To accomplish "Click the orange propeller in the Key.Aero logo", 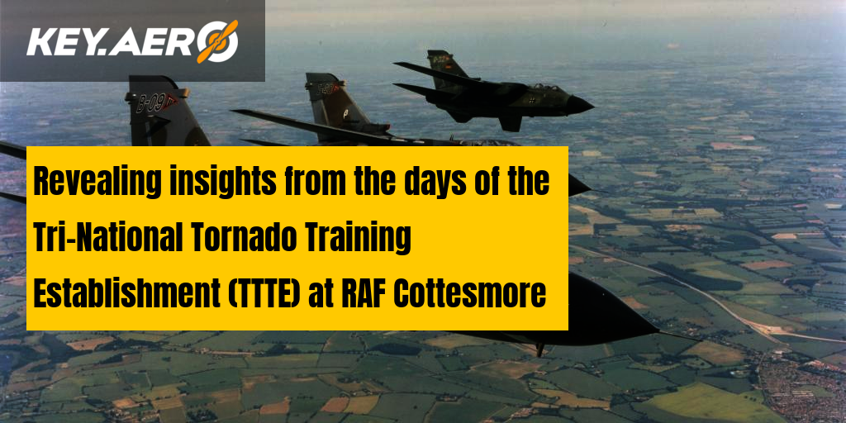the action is [217, 41].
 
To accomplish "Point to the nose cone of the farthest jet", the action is [580, 104].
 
